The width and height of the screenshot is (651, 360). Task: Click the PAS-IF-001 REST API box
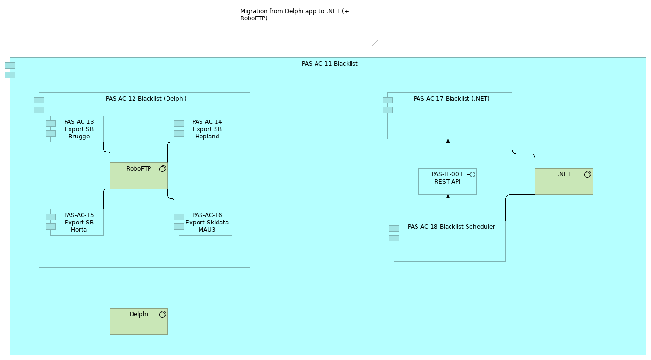(447, 182)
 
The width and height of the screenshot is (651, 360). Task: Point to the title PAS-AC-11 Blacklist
(330, 64)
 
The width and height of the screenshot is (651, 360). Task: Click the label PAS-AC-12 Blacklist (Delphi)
(146, 99)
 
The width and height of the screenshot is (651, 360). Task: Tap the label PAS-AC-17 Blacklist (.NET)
(451, 99)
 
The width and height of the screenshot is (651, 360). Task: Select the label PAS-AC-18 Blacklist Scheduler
(451, 227)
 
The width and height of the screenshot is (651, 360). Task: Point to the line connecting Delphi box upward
(139, 288)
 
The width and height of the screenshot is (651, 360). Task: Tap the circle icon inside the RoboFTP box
(163, 169)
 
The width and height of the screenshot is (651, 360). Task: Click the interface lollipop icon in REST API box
(471, 174)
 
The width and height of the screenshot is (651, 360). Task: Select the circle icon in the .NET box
(587, 174)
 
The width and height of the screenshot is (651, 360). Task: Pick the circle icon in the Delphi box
(163, 314)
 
